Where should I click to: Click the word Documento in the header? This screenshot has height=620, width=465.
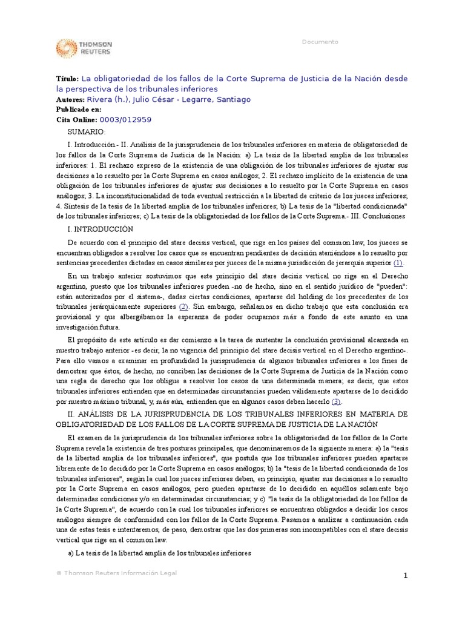320,42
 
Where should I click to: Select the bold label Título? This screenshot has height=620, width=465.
67,78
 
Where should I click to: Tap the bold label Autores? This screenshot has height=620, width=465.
70,99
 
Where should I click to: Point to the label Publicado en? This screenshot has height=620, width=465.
79,110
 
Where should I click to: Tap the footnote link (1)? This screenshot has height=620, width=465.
398,263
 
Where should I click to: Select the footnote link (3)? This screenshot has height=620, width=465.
336,401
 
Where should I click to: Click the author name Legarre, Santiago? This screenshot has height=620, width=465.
213,99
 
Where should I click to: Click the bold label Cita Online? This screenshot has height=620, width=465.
76,120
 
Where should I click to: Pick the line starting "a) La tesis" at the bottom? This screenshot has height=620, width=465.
158,553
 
